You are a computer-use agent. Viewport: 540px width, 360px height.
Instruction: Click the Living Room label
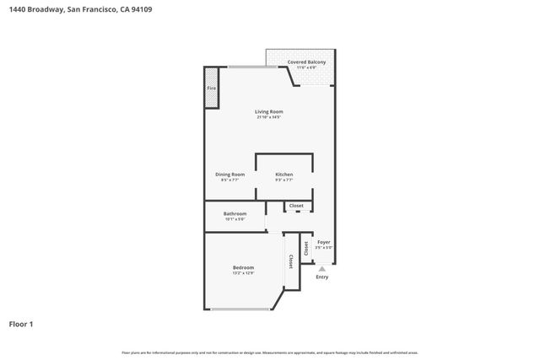point(269,111)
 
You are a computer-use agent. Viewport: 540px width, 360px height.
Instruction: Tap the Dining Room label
point(230,175)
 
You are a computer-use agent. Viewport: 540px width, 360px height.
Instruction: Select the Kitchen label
point(284,175)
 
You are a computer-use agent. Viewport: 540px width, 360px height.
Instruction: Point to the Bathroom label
point(235,214)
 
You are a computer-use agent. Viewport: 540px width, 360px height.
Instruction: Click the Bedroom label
point(243,267)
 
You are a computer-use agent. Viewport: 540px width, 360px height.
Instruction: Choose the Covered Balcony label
point(306,62)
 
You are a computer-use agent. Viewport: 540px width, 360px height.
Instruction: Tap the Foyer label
point(323,242)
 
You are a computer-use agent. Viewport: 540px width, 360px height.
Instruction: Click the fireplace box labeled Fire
point(211,89)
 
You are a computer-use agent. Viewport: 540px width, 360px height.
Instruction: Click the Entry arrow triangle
point(321,269)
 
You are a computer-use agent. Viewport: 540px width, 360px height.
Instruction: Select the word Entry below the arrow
point(321,277)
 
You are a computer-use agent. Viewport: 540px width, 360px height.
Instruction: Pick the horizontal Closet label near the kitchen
point(296,206)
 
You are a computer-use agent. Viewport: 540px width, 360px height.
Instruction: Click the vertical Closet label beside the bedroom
point(292,261)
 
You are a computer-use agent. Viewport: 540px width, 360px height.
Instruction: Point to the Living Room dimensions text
point(269,117)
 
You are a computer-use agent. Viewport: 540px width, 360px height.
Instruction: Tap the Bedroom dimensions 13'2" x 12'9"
point(243,273)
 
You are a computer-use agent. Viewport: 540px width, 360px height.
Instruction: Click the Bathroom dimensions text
point(235,219)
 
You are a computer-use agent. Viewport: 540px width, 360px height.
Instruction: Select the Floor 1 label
point(21,324)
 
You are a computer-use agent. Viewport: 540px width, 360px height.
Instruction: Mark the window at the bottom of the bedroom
point(240,309)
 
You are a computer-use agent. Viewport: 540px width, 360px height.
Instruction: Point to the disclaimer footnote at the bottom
point(269,352)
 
